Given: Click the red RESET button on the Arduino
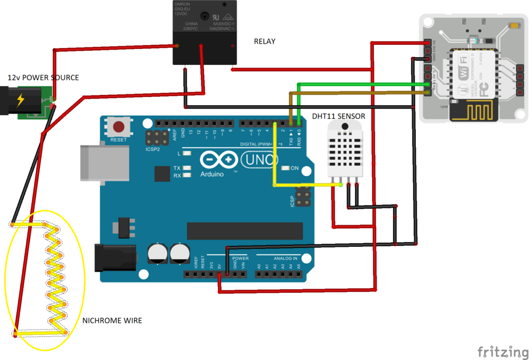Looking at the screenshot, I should [x=119, y=127].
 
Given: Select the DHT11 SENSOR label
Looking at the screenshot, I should [x=338, y=116].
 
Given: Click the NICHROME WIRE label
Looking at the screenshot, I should [x=112, y=321].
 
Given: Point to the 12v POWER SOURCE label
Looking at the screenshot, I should [x=43, y=77].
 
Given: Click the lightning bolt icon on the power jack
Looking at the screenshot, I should [x=21, y=100].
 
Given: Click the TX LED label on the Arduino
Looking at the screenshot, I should [x=177, y=168].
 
